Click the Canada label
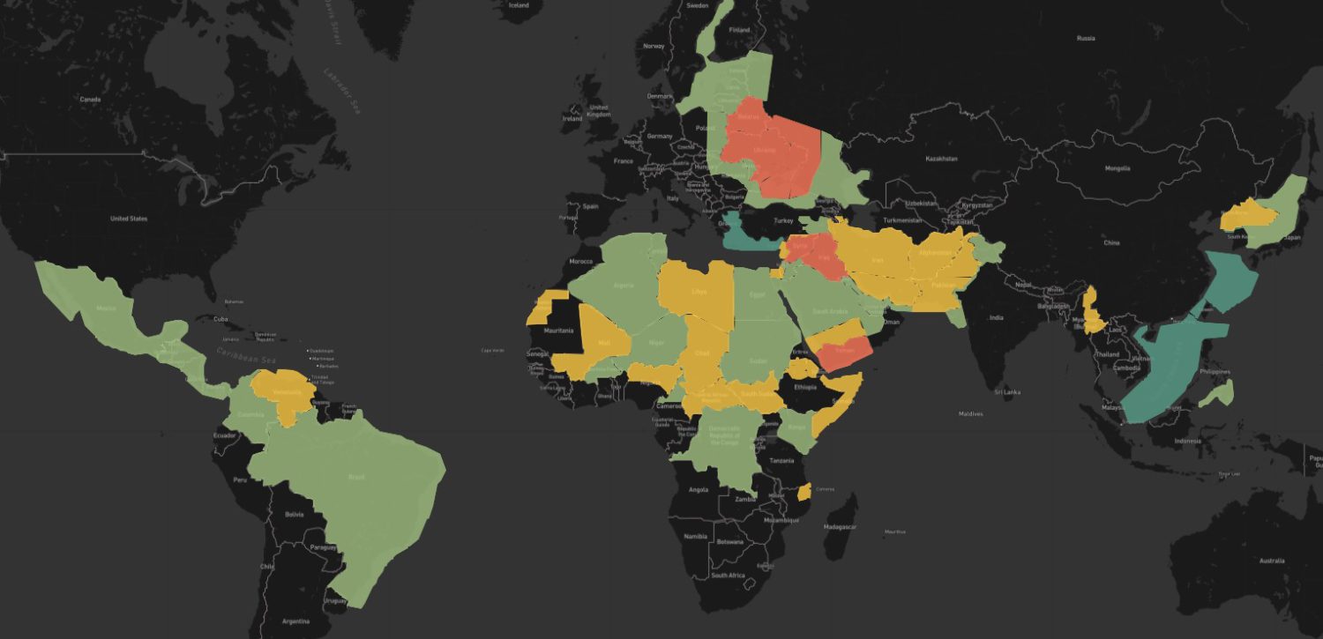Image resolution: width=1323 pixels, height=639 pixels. click(x=90, y=99)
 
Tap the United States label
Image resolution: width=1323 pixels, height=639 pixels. click(x=129, y=218)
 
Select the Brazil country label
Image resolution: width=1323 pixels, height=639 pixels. click(x=356, y=477)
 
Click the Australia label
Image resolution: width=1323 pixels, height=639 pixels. click(x=1271, y=561)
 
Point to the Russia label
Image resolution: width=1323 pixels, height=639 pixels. click(x=1086, y=38)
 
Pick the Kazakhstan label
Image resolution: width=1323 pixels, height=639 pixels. click(x=942, y=159)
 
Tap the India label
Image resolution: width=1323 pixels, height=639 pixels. click(x=996, y=317)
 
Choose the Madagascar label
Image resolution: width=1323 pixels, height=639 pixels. click(x=838, y=526)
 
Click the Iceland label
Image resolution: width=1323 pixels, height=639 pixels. click(x=519, y=5)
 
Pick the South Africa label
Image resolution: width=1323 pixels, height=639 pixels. click(x=729, y=576)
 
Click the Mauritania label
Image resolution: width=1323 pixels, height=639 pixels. click(x=559, y=331)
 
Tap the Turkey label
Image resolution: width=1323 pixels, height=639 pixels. click(x=784, y=220)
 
